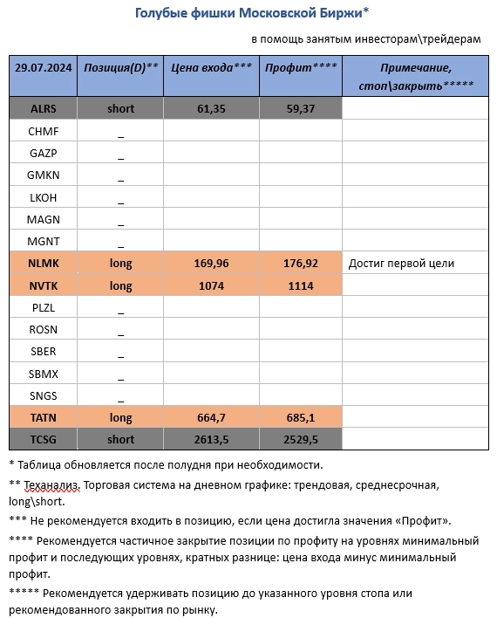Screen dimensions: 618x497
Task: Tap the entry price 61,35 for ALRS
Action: click(212, 108)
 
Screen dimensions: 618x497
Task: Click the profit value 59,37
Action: click(301, 108)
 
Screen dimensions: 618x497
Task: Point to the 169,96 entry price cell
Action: click(212, 264)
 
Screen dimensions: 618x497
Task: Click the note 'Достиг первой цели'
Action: click(401, 264)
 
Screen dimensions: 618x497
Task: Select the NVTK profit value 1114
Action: click(301, 285)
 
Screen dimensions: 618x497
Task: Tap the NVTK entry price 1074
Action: click(212, 285)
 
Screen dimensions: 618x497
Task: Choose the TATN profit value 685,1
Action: click(301, 416)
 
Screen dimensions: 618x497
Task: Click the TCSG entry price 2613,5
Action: click(212, 438)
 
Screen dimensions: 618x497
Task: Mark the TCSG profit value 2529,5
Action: click(301, 438)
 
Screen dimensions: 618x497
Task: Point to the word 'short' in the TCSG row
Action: click(120, 438)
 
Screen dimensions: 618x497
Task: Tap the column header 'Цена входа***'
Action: click(212, 67)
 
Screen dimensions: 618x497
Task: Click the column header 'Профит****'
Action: click(301, 67)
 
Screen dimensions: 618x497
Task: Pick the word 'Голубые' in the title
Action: click(161, 12)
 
